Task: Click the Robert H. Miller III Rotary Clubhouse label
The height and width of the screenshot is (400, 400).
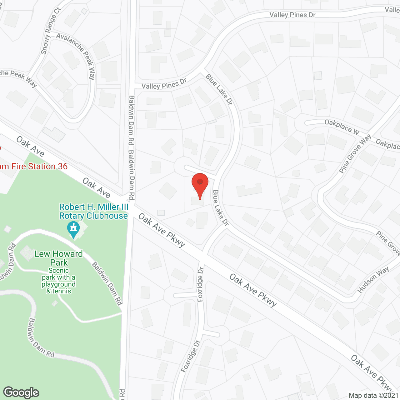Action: click(x=94, y=212)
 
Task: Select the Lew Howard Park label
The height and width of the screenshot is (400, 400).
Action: click(x=59, y=258)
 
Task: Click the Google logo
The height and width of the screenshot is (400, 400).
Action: click(x=21, y=392)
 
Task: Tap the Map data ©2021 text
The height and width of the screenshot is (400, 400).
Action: click(x=373, y=396)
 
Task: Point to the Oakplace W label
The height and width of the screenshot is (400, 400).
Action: click(x=342, y=127)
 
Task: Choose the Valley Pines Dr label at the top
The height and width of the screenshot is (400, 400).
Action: click(x=292, y=15)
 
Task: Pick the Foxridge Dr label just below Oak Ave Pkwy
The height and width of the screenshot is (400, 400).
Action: click(x=200, y=284)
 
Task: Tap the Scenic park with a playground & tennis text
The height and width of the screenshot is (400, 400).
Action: click(x=59, y=281)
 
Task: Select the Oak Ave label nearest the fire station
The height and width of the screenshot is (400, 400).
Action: click(x=30, y=146)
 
